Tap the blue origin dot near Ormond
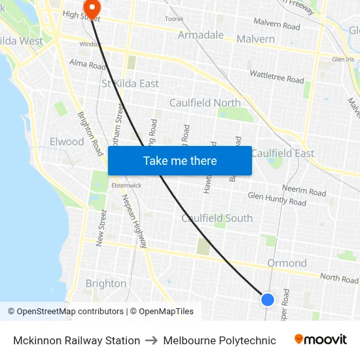267,300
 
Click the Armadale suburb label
201,35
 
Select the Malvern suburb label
256,39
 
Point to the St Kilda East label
130,84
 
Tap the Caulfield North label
205,103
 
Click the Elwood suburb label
67,141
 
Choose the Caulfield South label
217,218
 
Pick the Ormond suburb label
287,263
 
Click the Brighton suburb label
106,283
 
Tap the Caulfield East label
283,153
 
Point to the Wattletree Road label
277,77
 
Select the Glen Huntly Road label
277,199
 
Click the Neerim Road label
304,189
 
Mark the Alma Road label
88,65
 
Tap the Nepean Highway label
134,223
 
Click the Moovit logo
321,340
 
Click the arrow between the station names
151,340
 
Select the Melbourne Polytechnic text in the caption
219,340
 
